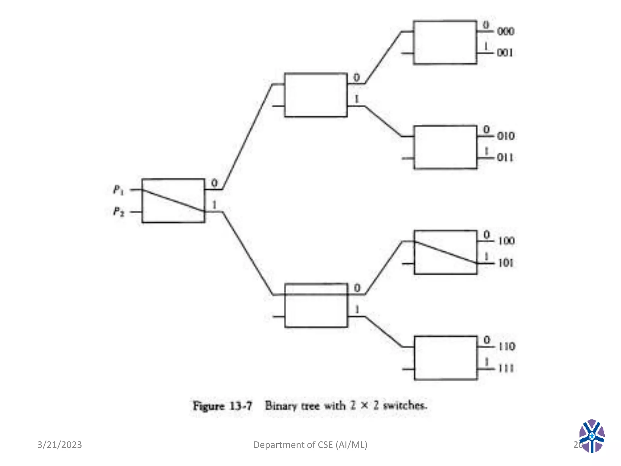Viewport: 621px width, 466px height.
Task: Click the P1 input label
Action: (119, 190)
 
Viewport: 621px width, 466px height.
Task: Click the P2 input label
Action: (119, 211)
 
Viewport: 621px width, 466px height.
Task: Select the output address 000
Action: (505, 31)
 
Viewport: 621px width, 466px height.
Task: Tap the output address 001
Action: (505, 53)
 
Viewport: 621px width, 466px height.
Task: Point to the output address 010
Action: (506, 136)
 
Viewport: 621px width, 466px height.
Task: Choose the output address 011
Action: (505, 157)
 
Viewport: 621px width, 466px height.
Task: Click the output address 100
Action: (506, 241)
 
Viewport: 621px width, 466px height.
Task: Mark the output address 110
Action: (507, 346)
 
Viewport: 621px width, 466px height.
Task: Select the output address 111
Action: (506, 368)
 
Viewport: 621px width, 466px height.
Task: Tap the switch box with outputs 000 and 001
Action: (445, 42)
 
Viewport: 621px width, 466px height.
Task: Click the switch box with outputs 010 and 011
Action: (445, 147)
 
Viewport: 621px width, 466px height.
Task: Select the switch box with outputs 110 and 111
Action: (445, 358)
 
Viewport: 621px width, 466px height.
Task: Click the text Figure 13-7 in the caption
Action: (223, 406)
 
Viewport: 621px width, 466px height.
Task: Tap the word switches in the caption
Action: (405, 405)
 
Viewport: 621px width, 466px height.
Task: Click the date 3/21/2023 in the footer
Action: (59, 445)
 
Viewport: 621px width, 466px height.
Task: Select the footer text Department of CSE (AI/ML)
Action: (310, 445)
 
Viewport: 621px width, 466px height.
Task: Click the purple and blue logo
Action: (592, 436)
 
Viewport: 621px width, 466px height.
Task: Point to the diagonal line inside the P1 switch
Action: (173, 201)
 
